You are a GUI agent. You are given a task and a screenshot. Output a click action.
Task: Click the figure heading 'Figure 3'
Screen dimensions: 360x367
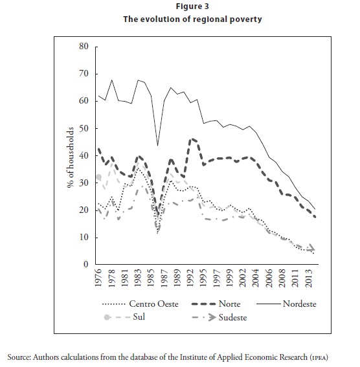point(192,6)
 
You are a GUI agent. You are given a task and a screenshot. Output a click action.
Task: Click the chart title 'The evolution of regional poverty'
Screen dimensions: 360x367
point(192,19)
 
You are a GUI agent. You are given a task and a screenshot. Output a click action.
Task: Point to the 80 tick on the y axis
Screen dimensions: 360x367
point(84,47)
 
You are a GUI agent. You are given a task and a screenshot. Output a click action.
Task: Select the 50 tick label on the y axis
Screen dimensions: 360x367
point(84,129)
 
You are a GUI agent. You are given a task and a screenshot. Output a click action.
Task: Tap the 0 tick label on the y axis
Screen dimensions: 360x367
point(86,264)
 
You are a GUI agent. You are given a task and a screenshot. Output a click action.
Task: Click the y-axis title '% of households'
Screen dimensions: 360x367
point(71,157)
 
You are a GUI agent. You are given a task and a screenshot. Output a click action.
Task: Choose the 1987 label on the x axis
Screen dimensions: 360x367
point(164,278)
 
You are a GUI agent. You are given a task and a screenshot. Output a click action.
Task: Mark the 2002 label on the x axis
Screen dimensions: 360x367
point(243,278)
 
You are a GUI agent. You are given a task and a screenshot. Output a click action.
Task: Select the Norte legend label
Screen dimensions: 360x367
point(229,304)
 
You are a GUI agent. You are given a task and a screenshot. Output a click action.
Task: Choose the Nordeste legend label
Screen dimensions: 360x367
point(299,304)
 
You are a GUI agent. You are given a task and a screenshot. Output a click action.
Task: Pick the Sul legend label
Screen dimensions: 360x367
point(139,317)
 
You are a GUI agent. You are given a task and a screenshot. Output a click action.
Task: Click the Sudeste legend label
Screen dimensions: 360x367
point(232,318)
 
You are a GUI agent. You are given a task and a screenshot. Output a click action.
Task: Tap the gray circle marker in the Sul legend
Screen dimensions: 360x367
point(107,318)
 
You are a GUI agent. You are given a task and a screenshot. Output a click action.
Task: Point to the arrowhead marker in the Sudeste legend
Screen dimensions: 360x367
point(212,318)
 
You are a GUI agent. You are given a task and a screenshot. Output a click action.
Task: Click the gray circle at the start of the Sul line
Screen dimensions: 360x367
point(99,177)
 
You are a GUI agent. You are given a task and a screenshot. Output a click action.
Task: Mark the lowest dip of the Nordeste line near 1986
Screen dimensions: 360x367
point(157,146)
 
